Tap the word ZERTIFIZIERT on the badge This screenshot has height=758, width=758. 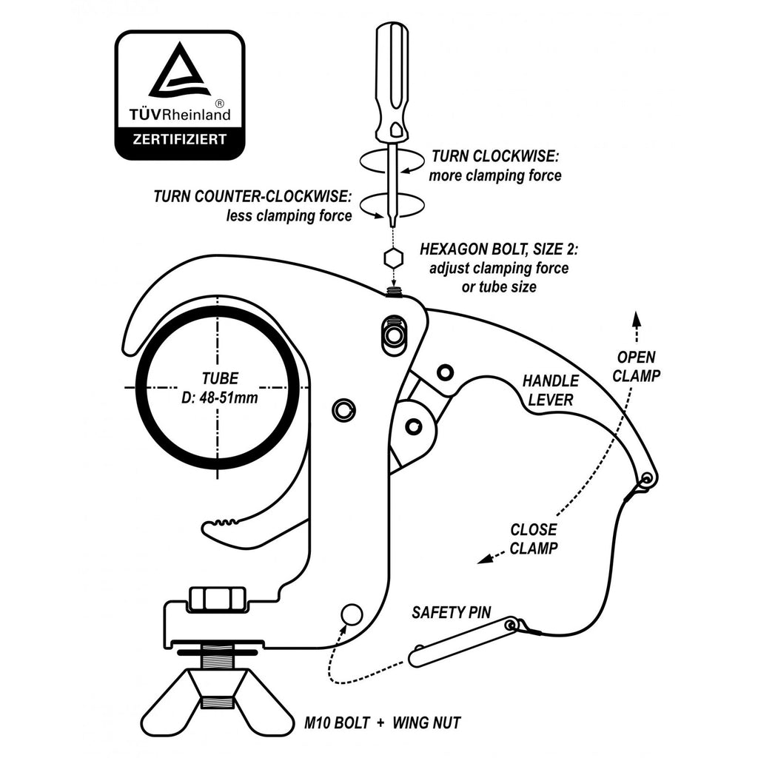[180, 140]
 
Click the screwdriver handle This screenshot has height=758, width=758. [392, 84]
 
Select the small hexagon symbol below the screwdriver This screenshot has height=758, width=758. [394, 258]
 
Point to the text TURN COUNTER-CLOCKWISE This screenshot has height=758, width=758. [252, 196]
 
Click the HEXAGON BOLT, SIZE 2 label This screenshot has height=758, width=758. [499, 249]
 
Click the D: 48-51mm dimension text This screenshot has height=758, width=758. [219, 398]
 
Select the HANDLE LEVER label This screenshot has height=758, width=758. [551, 390]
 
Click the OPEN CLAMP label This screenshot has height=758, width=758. [636, 366]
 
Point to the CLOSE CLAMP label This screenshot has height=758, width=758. [534, 539]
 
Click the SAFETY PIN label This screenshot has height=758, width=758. [451, 612]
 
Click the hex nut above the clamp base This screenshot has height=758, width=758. [218, 598]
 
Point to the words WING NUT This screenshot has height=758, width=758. [426, 723]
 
